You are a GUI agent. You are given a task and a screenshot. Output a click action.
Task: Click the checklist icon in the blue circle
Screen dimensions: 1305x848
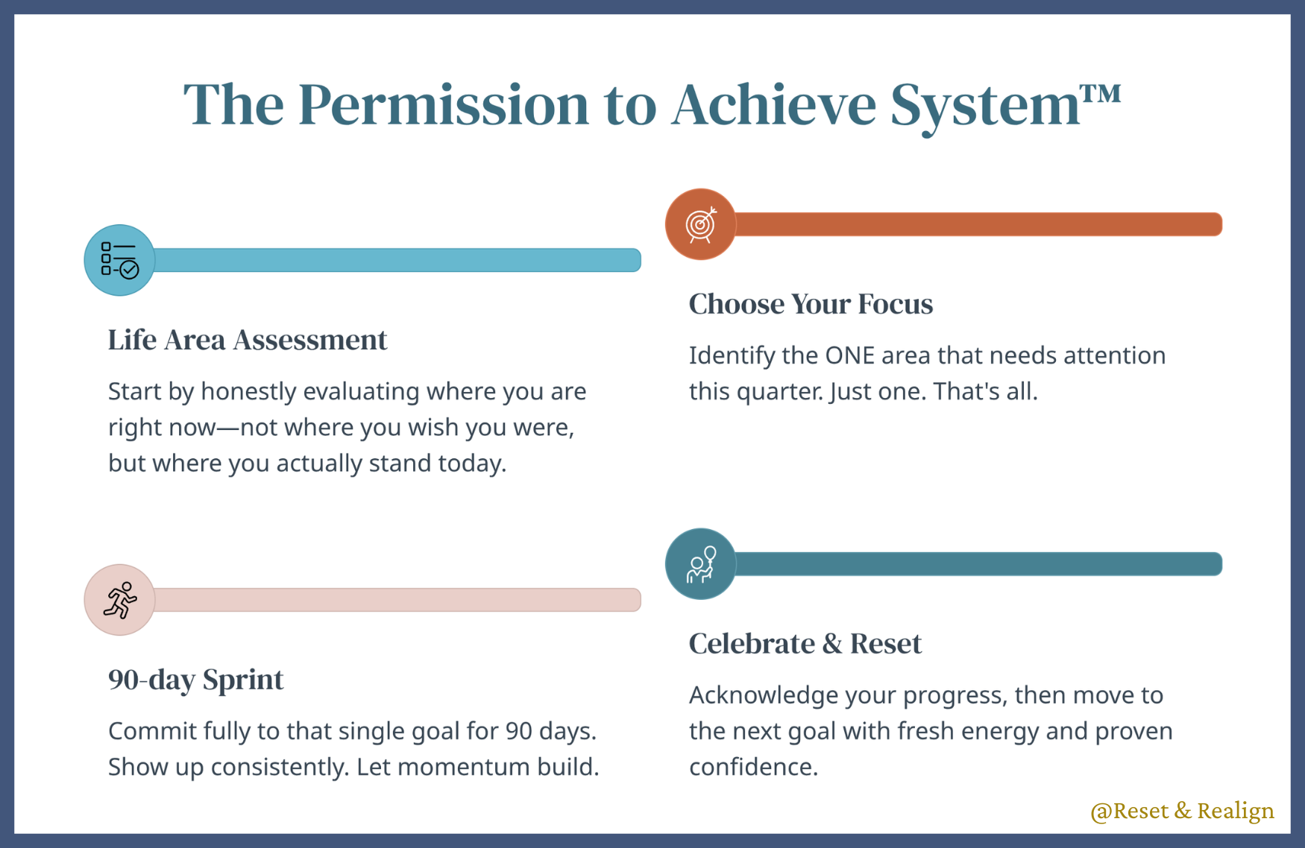pyautogui.click(x=119, y=259)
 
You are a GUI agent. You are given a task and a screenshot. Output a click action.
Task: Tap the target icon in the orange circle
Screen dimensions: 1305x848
pyautogui.click(x=701, y=224)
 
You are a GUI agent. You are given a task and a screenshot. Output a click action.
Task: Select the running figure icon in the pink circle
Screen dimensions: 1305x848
pyautogui.click(x=120, y=600)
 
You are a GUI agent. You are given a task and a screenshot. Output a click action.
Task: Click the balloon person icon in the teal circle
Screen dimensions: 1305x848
pyautogui.click(x=701, y=564)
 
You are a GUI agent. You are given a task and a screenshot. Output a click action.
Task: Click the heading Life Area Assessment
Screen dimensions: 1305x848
pyautogui.click(x=248, y=340)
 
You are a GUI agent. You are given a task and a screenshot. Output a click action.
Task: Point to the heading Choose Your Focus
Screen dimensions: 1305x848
pyautogui.click(x=811, y=304)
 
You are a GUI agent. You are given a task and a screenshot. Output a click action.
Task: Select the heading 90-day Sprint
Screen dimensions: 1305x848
pyautogui.click(x=196, y=680)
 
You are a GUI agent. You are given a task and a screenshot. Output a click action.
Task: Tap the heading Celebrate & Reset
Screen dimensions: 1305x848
pyautogui.click(x=805, y=644)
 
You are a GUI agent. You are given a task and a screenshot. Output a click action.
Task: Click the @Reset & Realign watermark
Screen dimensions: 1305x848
pyautogui.click(x=1182, y=811)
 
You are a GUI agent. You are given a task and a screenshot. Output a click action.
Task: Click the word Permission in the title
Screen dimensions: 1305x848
pyautogui.click(x=444, y=104)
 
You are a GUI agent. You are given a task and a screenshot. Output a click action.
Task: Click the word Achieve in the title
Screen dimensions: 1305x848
pyautogui.click(x=773, y=104)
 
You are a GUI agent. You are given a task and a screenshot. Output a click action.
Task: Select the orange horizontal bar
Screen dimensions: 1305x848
pyautogui.click(x=978, y=224)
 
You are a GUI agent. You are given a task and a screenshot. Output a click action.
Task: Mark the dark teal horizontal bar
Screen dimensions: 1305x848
pyautogui.click(x=978, y=564)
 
